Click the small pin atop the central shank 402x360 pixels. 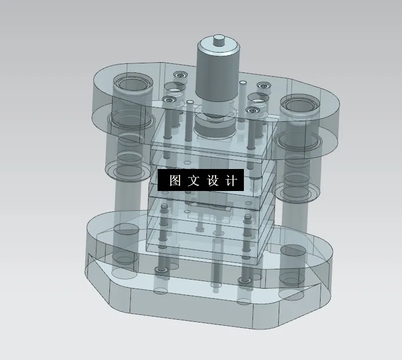tap(218, 40)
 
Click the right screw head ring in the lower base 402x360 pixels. tap(245, 281)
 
